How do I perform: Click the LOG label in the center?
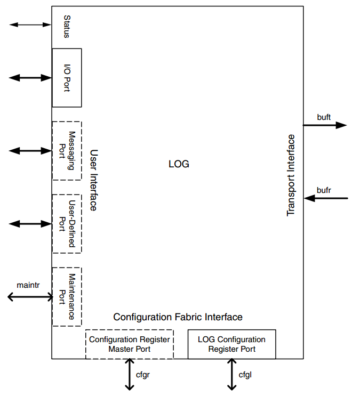click(179, 164)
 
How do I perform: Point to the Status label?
click(67, 27)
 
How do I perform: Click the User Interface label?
click(93, 180)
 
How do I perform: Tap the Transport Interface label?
click(291, 175)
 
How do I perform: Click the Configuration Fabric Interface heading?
click(178, 317)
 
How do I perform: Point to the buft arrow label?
click(324, 117)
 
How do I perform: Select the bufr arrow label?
click(324, 190)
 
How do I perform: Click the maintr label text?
click(28, 285)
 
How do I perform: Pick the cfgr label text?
click(143, 375)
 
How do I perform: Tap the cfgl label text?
click(245, 375)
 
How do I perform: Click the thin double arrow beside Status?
click(30, 25)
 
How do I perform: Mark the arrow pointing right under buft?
click(325, 125)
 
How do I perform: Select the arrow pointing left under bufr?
click(326, 198)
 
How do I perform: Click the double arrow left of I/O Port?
click(30, 78)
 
